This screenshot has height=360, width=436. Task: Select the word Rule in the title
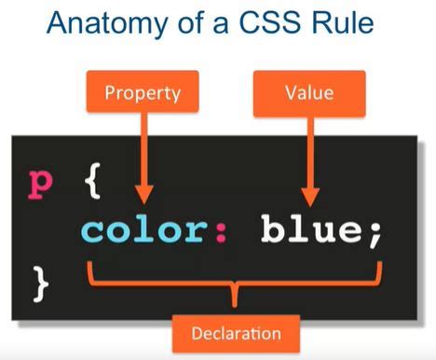352,25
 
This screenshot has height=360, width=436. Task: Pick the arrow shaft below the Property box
142,149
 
